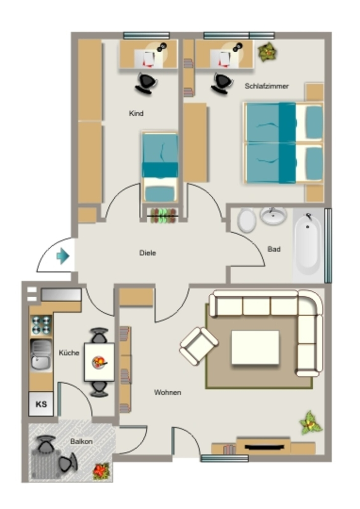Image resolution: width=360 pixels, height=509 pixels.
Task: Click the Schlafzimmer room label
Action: pos(267,86)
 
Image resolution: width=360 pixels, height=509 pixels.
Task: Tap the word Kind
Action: pos(136,113)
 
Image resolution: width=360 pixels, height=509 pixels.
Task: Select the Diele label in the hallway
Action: pos(147,253)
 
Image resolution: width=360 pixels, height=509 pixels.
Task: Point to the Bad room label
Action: pos(273,249)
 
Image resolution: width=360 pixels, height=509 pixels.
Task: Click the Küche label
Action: pos(69,352)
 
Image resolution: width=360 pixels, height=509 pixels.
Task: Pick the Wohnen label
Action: pos(168,392)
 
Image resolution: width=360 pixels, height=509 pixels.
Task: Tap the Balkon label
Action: pos(81,441)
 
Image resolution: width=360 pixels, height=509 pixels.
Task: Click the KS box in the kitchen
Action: pos(41,404)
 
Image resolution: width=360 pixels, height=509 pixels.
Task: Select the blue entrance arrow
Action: pos(63,256)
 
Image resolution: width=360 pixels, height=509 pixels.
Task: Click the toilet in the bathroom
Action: pos(247,220)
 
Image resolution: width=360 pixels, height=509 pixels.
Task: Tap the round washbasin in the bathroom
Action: pos(273,215)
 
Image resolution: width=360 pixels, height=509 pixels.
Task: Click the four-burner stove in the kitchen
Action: pos(41,325)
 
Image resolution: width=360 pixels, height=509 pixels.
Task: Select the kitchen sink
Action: pos(41,354)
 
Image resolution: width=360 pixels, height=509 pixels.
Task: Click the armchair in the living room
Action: pos(199,346)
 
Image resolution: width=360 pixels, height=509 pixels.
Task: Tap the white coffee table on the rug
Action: pos(255,347)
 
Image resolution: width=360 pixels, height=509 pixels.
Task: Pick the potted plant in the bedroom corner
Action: pos(267,51)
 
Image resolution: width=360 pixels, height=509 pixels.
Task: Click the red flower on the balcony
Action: pos(101,471)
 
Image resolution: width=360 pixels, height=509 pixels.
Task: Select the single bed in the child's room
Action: pos(160,167)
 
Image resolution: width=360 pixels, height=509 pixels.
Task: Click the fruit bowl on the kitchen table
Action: pos(99,362)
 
